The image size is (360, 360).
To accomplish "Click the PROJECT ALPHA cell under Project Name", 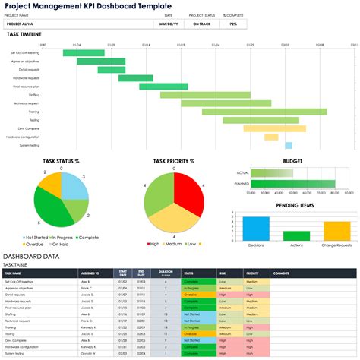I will tap(24, 24).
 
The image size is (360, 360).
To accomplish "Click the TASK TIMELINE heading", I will tap(24, 35).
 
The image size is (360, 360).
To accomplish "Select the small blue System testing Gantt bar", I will tap(289, 145).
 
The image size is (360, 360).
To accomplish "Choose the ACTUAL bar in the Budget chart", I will tap(273, 173).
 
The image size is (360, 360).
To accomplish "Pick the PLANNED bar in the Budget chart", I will tap(292, 184).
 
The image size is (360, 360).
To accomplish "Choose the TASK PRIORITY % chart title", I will tap(174, 161).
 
